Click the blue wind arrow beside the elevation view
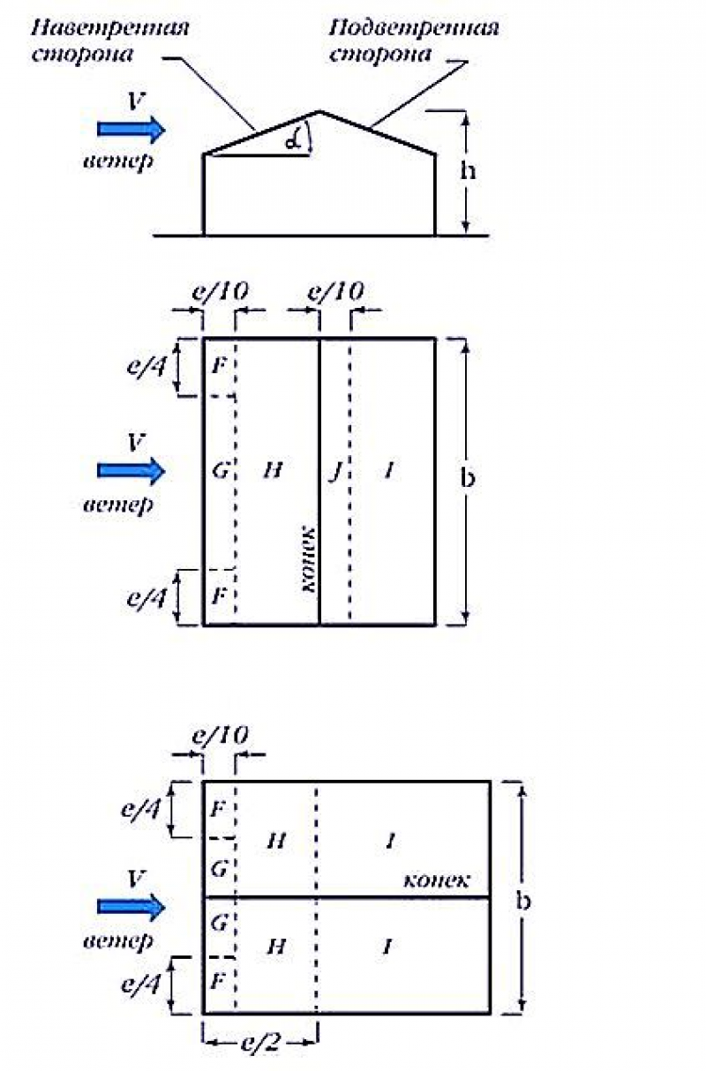pos(131,129)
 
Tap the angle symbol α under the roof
pos(293,140)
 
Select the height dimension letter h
pos(468,169)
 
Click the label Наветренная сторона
pos(110,41)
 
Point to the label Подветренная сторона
pos(414,41)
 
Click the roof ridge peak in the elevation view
pos(319,111)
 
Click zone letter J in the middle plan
pos(336,471)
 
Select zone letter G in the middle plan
pos(220,471)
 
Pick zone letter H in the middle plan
pos(273,470)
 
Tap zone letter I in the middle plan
pos(389,471)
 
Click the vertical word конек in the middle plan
pos(309,559)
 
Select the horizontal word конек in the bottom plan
pos(436,880)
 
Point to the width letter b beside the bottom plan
pos(523,901)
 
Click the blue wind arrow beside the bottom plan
pos(131,907)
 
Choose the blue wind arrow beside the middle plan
pos(131,470)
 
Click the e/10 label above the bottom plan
pos(220,736)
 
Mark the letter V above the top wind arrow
pos(136,101)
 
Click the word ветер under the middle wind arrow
pos(118,505)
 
